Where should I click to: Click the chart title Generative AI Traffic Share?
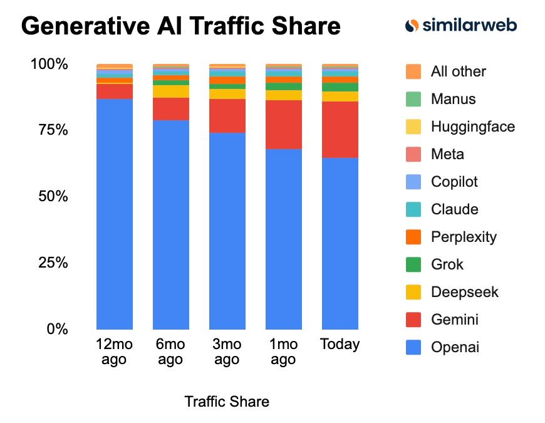coord(181,26)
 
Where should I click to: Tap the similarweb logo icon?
coord(412,26)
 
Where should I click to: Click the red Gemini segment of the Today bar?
coord(340,129)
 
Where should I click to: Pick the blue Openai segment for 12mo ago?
coord(115,214)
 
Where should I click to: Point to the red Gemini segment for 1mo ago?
coord(284,124)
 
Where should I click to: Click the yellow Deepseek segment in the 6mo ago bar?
coord(171,91)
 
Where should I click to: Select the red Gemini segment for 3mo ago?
coord(227,115)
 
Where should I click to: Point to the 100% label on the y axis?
coord(49,65)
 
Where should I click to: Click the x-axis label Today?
coord(340,344)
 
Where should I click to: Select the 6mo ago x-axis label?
coord(170,352)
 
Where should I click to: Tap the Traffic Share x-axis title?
coord(227,402)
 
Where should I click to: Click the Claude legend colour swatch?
coord(413,209)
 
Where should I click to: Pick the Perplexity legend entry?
coord(463,237)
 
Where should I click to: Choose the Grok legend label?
coord(447,264)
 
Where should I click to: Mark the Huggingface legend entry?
coord(472,127)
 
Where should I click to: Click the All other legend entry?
coord(458,71)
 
